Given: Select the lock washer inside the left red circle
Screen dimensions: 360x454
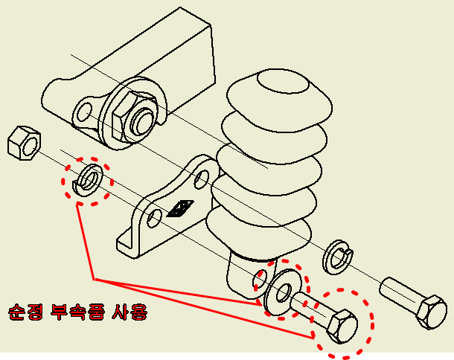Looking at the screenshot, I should tap(89, 179).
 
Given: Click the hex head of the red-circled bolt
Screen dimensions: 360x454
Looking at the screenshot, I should tap(339, 324).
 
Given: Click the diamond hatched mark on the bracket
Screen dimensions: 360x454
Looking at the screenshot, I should tap(180, 208).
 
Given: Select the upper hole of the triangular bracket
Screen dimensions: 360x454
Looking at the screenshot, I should tap(201, 179).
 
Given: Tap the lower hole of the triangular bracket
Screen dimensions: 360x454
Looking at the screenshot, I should tap(155, 219).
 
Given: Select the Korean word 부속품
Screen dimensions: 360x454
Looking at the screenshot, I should tap(79, 311).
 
